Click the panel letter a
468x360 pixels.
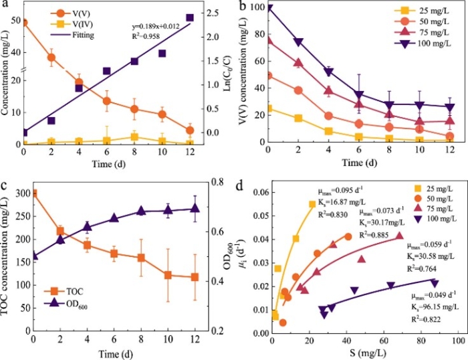click(x=5, y=5)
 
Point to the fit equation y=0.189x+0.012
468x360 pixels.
click(x=160, y=27)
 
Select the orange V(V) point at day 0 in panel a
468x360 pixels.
click(x=24, y=22)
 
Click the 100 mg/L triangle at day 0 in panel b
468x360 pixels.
click(x=269, y=9)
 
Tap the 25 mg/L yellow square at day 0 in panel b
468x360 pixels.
click(x=269, y=108)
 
